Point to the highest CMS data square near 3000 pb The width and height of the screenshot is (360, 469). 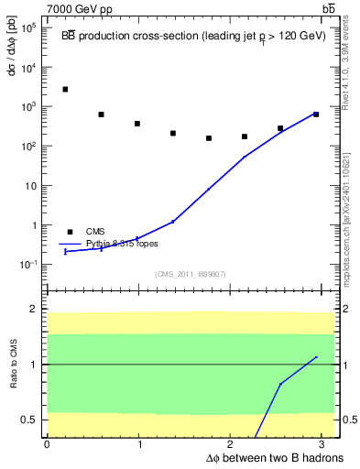point(65,90)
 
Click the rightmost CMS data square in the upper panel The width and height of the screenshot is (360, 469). point(316,115)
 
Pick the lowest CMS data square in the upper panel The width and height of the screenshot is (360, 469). point(209,138)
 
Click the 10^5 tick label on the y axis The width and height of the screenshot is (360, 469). point(29,28)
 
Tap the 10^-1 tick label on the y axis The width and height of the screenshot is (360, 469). point(29,265)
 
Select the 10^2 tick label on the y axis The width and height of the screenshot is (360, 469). point(29,147)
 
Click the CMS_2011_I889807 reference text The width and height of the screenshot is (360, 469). point(190,274)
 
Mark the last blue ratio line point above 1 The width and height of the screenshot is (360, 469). point(316,357)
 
